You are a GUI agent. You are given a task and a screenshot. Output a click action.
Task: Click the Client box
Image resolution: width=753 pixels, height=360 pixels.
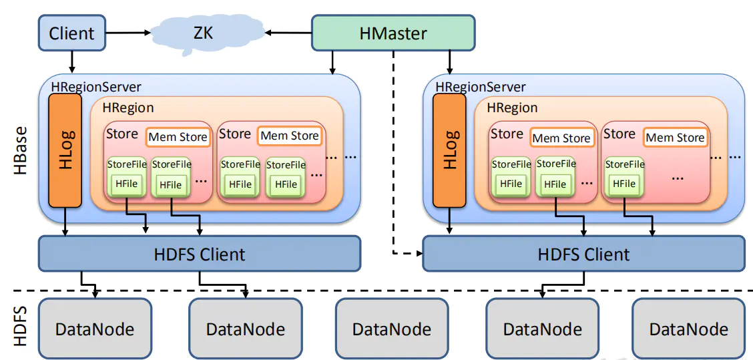coord(71,33)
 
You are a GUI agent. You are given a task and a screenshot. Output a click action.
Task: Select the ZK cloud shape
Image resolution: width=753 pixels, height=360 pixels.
coord(203,31)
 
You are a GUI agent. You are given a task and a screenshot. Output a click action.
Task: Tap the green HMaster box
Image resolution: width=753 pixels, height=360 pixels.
coord(393,33)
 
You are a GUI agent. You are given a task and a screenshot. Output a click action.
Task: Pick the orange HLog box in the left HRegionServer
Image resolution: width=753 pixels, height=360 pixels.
coord(65,150)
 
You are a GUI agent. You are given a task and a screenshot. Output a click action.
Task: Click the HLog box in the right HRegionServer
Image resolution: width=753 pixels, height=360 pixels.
coord(450,150)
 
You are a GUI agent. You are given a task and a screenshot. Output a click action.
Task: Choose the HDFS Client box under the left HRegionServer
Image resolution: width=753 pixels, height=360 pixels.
coord(200,254)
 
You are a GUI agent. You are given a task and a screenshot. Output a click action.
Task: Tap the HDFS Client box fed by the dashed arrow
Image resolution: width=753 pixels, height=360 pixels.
coord(583,254)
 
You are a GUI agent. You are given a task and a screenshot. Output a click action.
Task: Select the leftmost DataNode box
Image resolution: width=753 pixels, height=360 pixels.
coord(95,328)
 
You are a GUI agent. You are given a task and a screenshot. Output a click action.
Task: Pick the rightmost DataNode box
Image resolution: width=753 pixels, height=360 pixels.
coord(688,328)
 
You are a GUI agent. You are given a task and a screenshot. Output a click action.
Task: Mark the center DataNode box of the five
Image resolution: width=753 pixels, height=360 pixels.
coord(392,328)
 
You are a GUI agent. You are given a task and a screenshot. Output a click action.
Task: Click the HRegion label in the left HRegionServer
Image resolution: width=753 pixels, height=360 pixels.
coord(128,108)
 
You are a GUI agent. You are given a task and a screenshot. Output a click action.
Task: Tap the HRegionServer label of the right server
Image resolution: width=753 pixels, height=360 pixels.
coord(481,87)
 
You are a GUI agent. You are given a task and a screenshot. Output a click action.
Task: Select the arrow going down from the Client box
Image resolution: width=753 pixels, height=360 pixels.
coord(71,61)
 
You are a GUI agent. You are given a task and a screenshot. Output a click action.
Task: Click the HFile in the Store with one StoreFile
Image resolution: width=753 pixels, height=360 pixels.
coord(624,183)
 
